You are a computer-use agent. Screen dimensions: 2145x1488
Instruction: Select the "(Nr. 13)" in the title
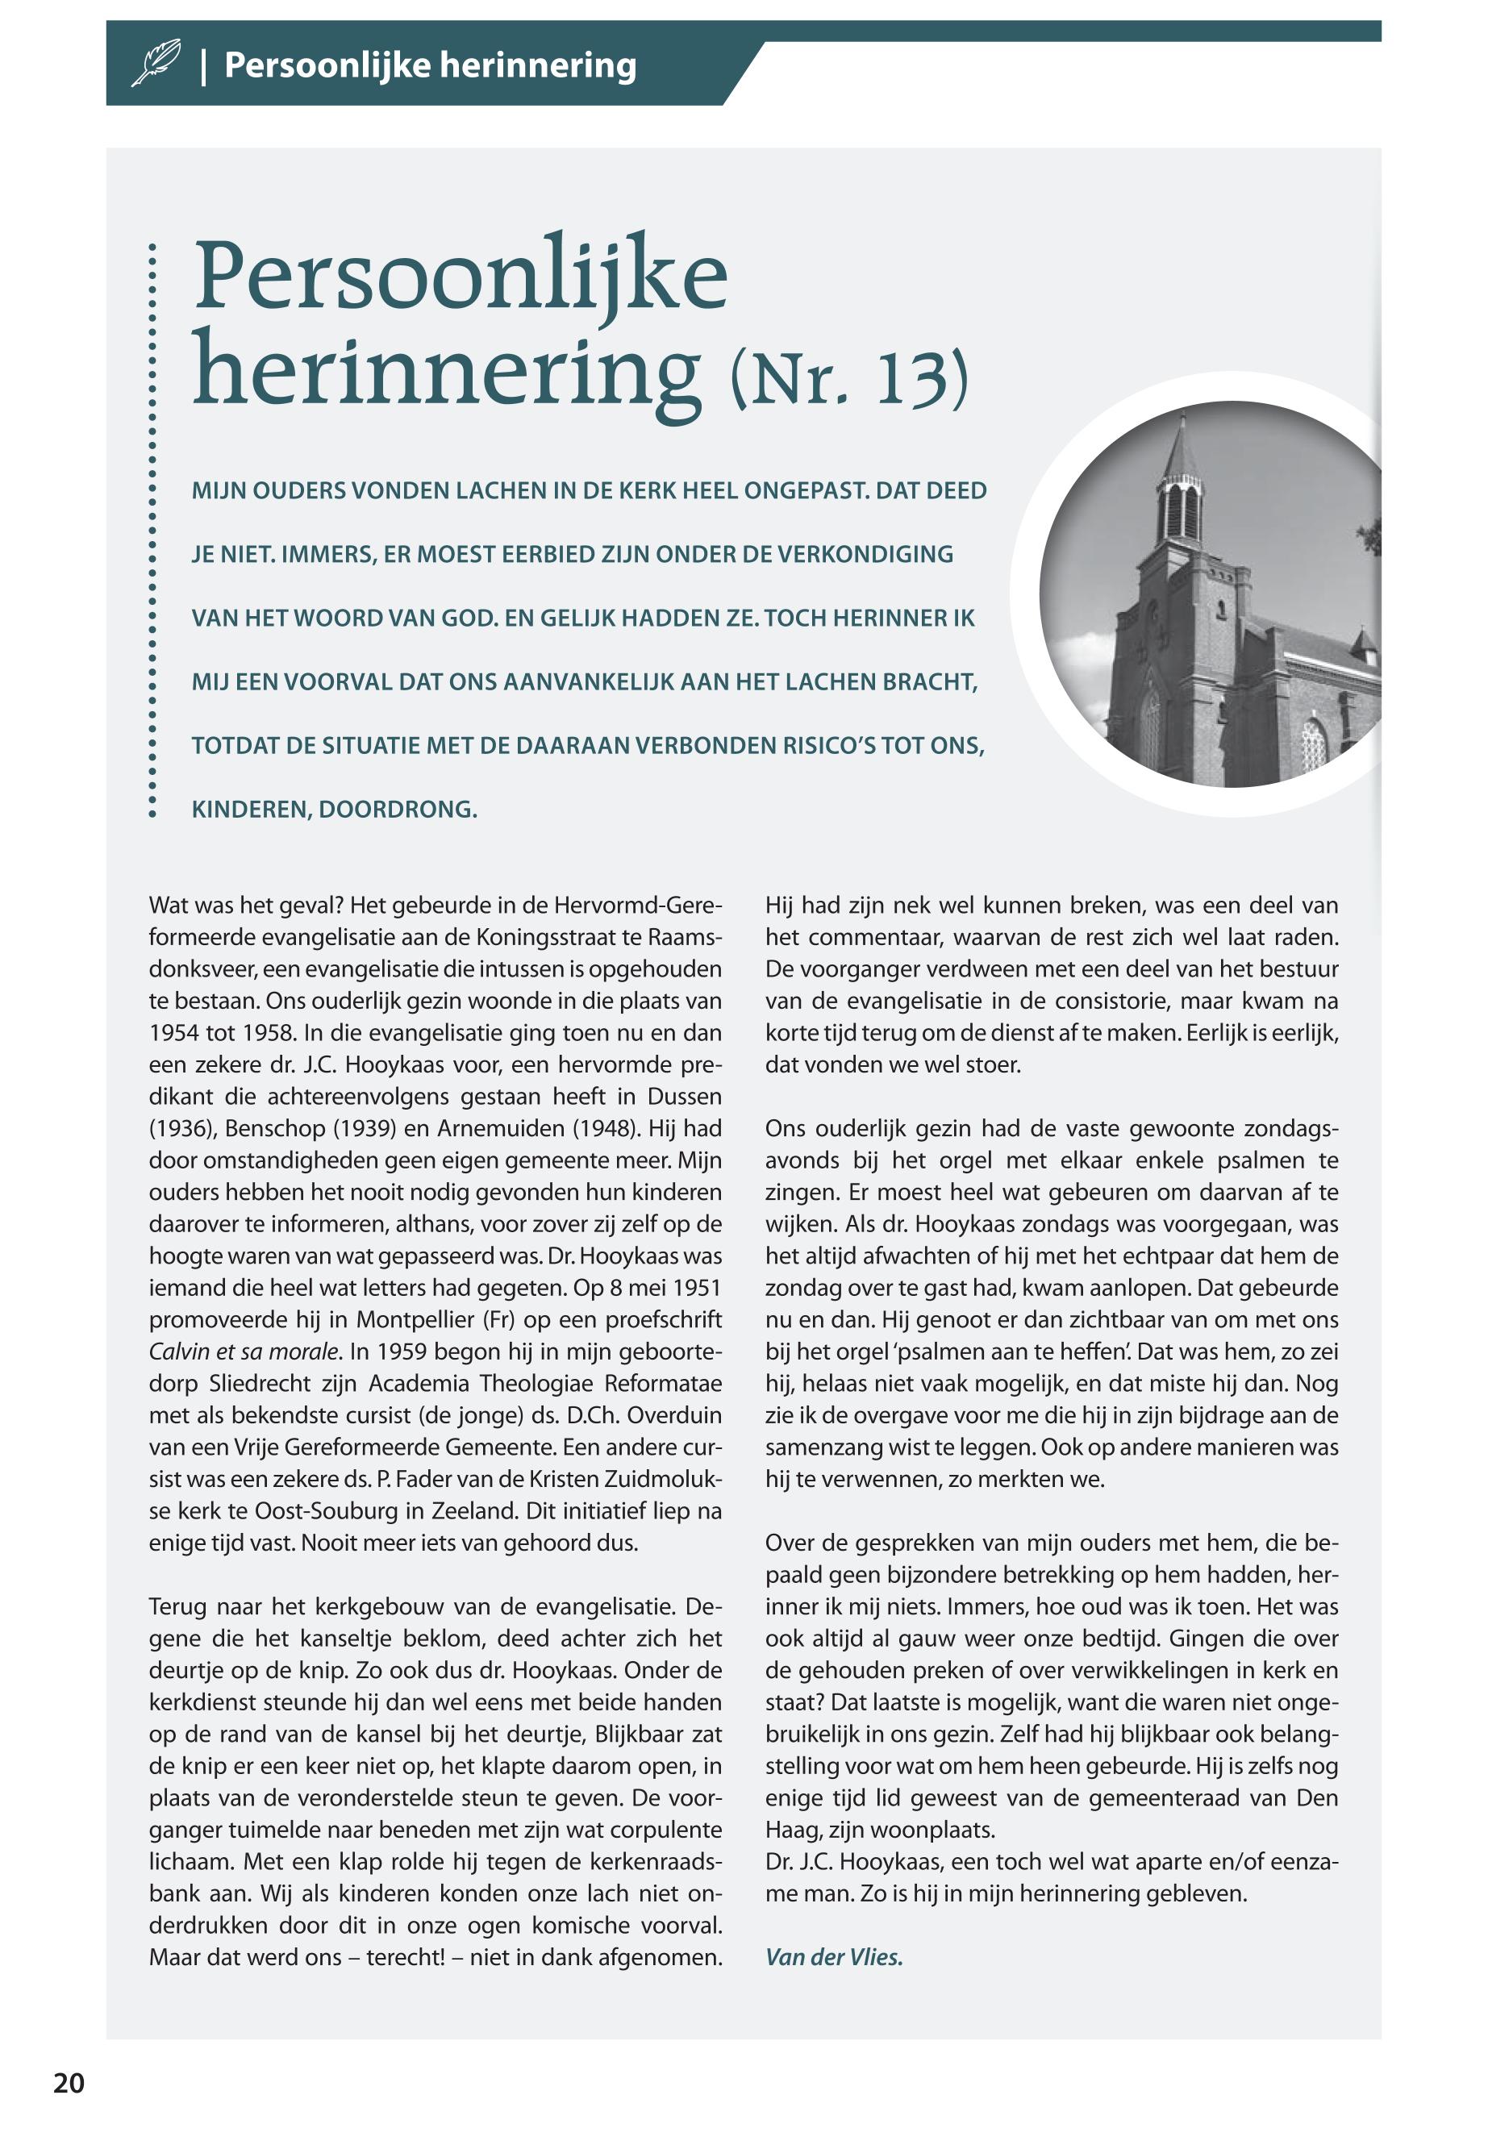(x=849, y=378)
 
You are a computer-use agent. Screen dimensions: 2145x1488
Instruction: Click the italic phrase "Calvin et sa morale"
(x=245, y=1351)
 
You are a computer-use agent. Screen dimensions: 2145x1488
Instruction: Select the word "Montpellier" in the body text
(x=415, y=1319)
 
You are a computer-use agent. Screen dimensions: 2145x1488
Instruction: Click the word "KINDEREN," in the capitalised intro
(x=251, y=809)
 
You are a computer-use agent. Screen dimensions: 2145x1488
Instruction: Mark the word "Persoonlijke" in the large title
(x=460, y=277)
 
